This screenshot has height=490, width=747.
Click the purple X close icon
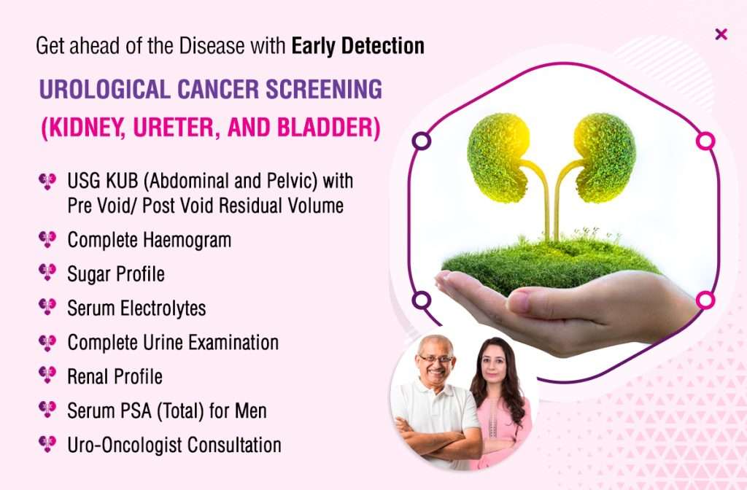pos(721,34)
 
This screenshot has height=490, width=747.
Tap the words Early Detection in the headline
pos(357,46)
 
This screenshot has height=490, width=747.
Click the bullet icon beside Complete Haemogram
pos(47,239)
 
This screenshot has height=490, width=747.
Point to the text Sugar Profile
pos(116,274)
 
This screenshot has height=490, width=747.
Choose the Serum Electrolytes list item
pos(136,308)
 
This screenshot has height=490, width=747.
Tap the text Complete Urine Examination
pos(173,342)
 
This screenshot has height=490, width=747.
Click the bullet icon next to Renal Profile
pos(47,376)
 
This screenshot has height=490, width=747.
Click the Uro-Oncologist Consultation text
pos(174,444)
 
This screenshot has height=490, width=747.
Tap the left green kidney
pos(498,157)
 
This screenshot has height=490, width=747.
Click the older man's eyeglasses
pos(436,359)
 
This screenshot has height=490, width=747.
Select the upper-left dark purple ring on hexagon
pos(421,141)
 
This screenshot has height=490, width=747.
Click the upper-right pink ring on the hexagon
pos(705,141)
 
